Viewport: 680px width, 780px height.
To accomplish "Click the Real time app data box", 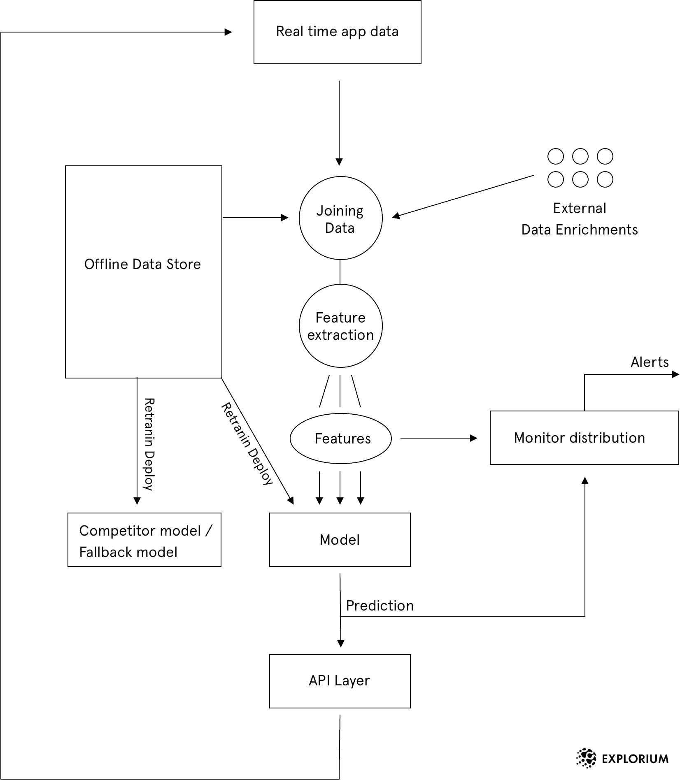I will (x=337, y=32).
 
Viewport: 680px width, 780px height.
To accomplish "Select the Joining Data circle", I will (x=340, y=218).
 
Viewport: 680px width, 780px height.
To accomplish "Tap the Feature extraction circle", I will (x=340, y=326).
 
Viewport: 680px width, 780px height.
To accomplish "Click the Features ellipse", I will (x=341, y=439).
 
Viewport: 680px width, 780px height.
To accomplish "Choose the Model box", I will (x=340, y=540).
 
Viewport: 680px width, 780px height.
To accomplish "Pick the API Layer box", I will (x=340, y=681).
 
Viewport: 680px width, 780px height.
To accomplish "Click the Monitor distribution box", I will (x=584, y=438).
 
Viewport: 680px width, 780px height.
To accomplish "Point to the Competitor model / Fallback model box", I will (x=144, y=540).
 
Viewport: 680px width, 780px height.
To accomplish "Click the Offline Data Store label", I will (x=142, y=264).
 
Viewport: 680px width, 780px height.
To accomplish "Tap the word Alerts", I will (x=650, y=362).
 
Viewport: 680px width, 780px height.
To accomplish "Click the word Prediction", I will (x=380, y=606).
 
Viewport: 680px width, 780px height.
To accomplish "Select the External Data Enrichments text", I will (x=580, y=219).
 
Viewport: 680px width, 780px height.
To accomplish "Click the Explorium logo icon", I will (x=586, y=759).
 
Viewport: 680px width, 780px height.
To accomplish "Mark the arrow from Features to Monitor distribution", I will (x=438, y=439).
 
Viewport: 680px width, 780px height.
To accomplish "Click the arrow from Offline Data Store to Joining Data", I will (x=255, y=218).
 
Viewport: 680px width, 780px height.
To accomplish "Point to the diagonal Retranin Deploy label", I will (x=247, y=444).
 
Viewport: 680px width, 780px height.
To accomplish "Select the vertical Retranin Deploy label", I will (x=149, y=444).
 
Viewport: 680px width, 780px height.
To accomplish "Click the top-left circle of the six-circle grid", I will (x=555, y=156).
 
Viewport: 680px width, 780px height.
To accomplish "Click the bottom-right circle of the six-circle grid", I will (x=605, y=180).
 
